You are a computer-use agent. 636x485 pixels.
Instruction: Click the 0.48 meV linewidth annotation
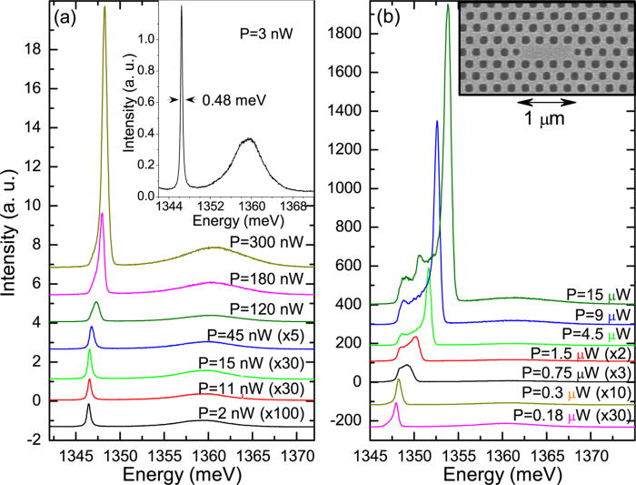[224, 101]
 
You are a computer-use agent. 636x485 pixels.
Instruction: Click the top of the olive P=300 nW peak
[104, 6]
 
